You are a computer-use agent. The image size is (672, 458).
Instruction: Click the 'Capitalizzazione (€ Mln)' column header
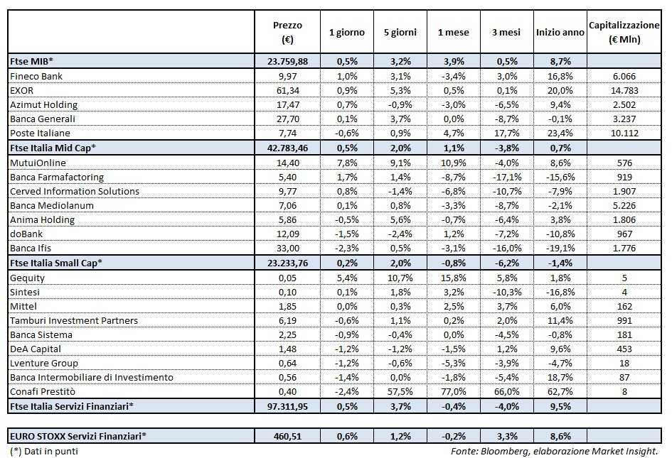(x=624, y=32)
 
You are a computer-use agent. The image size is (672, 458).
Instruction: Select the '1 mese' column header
(x=452, y=33)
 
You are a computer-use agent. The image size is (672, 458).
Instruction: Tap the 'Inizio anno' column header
(x=560, y=33)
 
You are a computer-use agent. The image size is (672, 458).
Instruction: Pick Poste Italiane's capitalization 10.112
(x=624, y=133)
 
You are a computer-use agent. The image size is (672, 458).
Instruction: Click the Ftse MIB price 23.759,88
(x=287, y=61)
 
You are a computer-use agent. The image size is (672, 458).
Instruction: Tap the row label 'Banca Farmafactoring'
(x=57, y=177)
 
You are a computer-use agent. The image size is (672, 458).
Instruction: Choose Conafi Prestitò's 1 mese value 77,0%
(x=452, y=392)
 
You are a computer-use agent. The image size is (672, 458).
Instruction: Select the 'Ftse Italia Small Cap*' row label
(x=56, y=263)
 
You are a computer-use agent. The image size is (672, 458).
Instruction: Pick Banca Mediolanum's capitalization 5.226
(x=624, y=206)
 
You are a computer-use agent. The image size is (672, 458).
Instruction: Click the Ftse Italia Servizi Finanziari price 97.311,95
(x=287, y=407)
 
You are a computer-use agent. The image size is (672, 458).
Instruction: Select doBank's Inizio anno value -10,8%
(x=560, y=234)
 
